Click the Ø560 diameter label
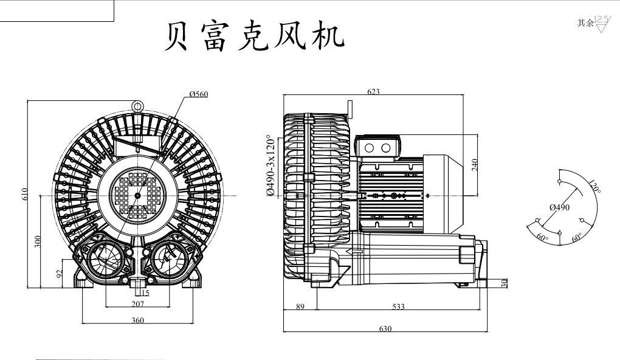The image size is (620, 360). click(199, 94)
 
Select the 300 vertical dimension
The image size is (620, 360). click(38, 242)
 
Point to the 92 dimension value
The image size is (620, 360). click(60, 273)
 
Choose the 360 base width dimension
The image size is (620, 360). click(138, 320)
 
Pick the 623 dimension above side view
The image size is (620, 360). click(373, 92)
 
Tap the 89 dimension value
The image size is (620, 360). click(300, 307)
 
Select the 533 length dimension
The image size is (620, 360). click(398, 307)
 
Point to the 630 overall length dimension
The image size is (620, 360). click(385, 328)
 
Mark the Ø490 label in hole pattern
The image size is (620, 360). click(559, 207)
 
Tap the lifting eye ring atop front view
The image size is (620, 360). click(137, 106)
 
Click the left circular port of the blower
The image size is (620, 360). click(105, 260)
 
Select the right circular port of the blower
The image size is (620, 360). click(169, 260)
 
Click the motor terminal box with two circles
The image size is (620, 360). click(377, 148)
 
